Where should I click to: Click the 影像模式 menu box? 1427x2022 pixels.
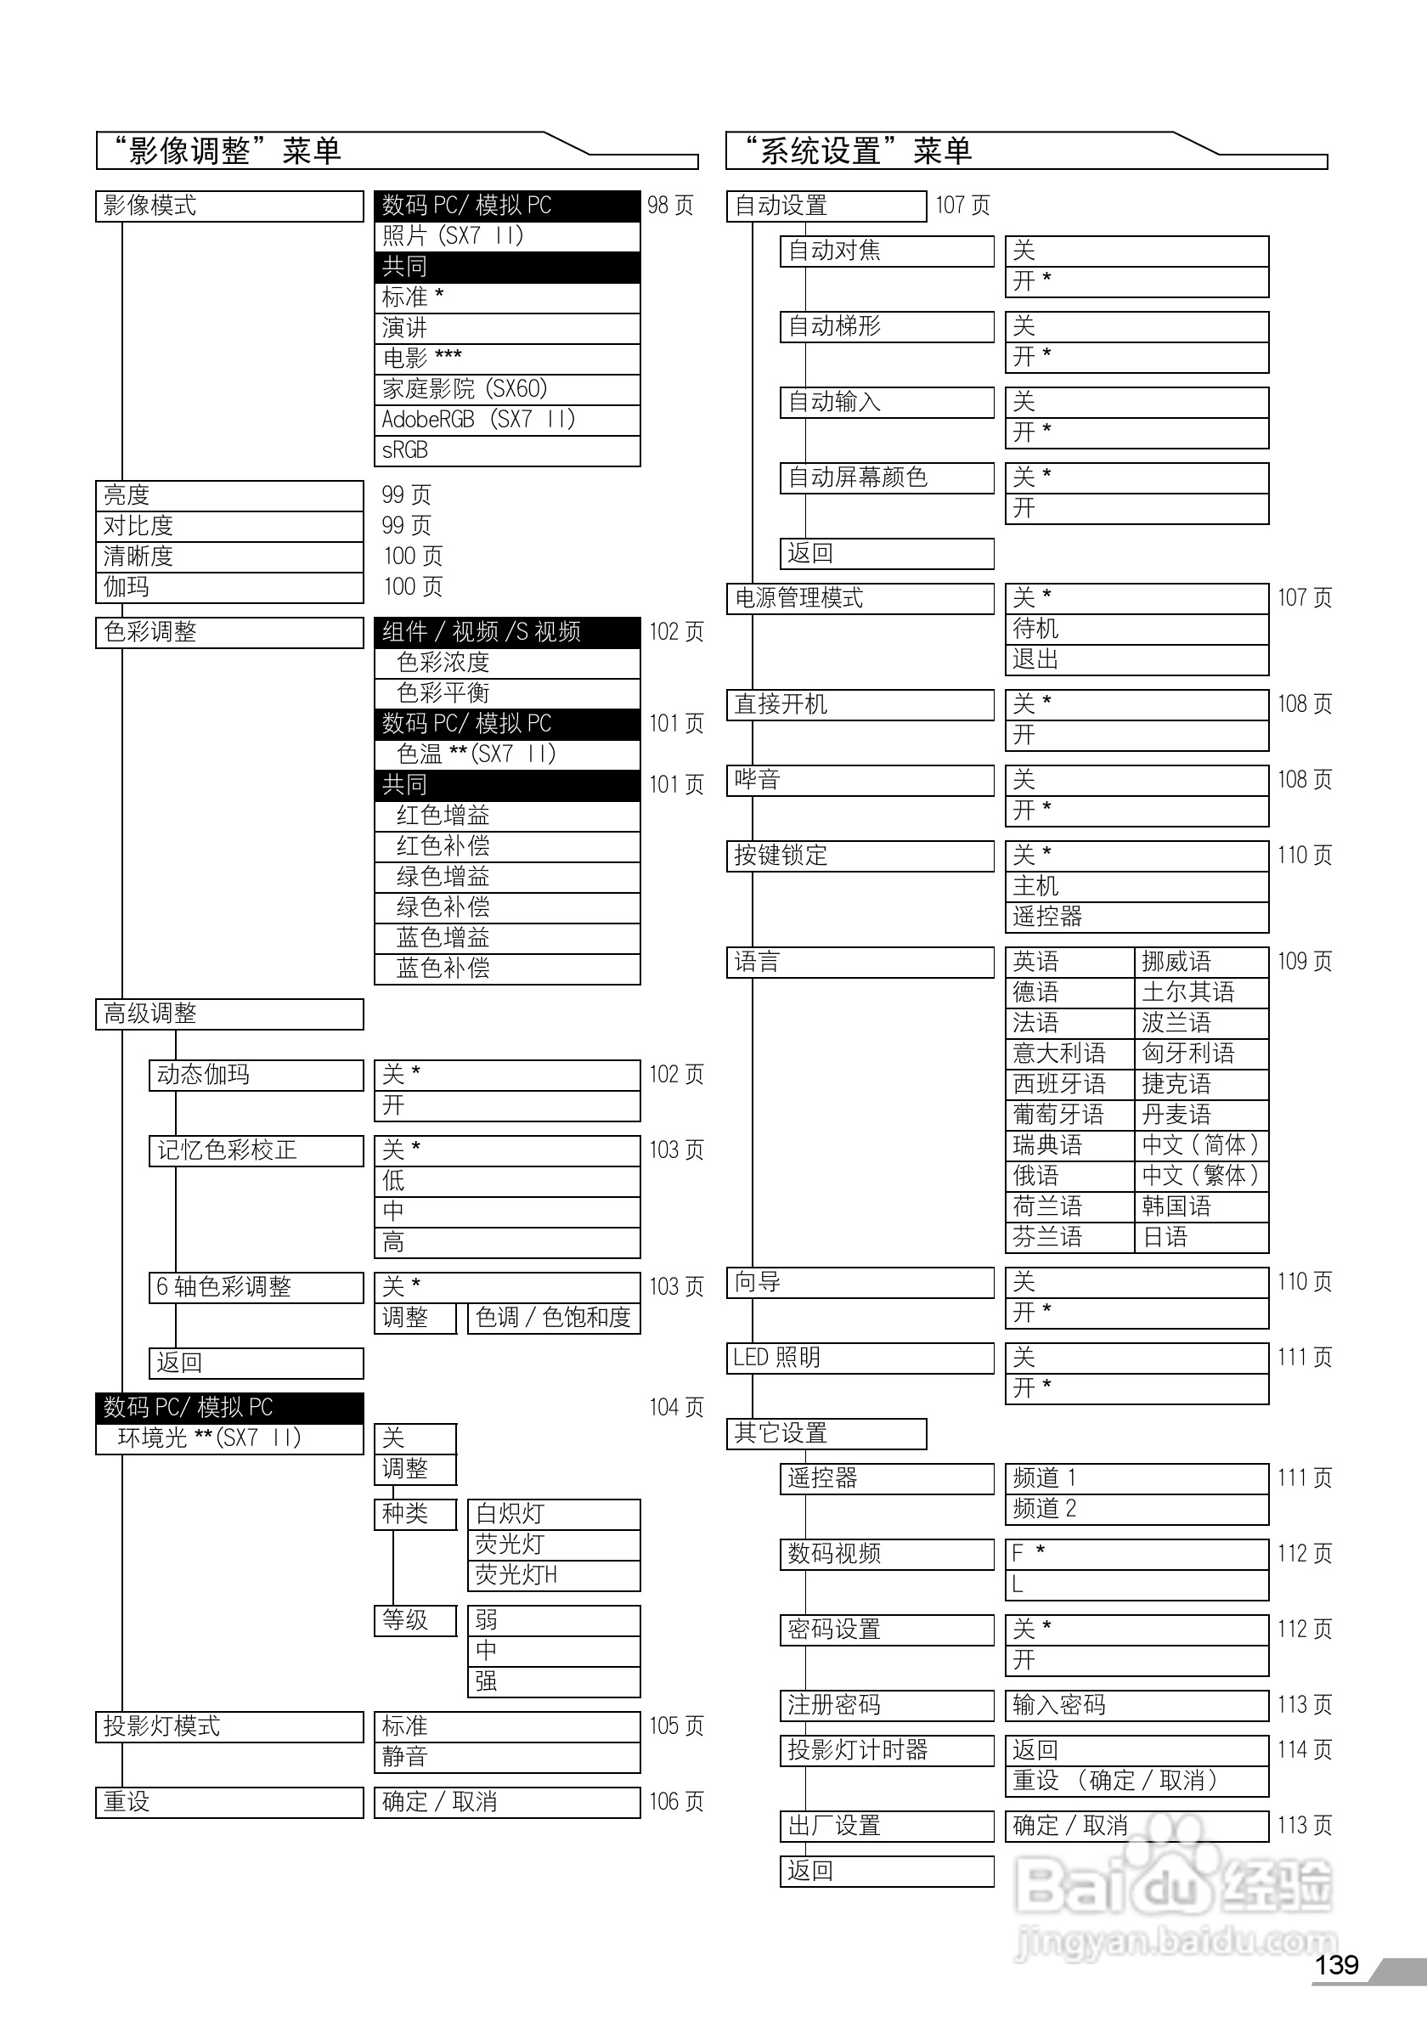(228, 206)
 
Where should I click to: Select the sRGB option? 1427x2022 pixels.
(506, 451)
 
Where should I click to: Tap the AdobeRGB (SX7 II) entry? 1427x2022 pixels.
(506, 420)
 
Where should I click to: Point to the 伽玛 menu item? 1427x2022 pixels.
(228, 587)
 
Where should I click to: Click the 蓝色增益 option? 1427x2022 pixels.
(506, 938)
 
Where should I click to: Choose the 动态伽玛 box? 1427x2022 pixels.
(256, 1076)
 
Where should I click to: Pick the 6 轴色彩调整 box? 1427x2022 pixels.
(256, 1287)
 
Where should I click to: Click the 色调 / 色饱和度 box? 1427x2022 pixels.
(553, 1319)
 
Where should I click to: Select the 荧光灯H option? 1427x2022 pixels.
(553, 1575)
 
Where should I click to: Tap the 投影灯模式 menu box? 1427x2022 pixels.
(228, 1726)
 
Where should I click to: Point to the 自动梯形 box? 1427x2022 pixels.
(887, 327)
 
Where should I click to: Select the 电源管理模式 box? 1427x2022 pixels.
(860, 599)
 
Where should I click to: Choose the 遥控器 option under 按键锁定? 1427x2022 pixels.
(1137, 918)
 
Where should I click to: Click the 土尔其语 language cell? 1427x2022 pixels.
(1201, 992)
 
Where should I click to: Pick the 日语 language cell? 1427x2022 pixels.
(1201, 1237)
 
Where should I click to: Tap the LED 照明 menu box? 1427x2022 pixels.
(860, 1358)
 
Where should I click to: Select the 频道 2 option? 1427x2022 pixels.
(1137, 1510)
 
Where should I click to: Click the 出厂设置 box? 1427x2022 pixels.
(887, 1827)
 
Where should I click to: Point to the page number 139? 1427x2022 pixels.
(1336, 1965)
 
